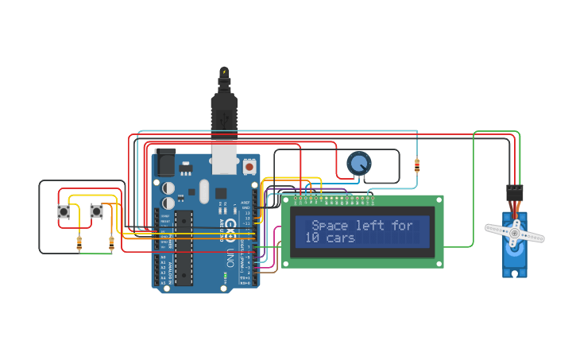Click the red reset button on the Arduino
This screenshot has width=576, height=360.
[x=249, y=167]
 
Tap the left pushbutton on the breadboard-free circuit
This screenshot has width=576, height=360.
[x=64, y=211]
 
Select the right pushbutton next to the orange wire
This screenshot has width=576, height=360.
[x=96, y=211]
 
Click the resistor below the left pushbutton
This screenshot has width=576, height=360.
[x=79, y=244]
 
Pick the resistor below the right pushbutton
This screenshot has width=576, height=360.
[x=111, y=244]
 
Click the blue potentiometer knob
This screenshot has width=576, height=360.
[x=359, y=164]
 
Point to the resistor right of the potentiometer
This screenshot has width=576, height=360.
[x=418, y=165]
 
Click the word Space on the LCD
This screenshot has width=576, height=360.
[x=330, y=226]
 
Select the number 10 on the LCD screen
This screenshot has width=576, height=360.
[x=312, y=238]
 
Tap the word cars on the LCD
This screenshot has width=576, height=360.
[x=341, y=238]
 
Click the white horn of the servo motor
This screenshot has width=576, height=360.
[x=515, y=233]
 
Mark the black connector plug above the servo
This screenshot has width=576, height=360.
[x=515, y=192]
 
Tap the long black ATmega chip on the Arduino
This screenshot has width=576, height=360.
[x=184, y=247]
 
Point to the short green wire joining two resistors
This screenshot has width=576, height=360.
[x=95, y=254]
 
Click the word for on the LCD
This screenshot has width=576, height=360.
[x=403, y=226]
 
